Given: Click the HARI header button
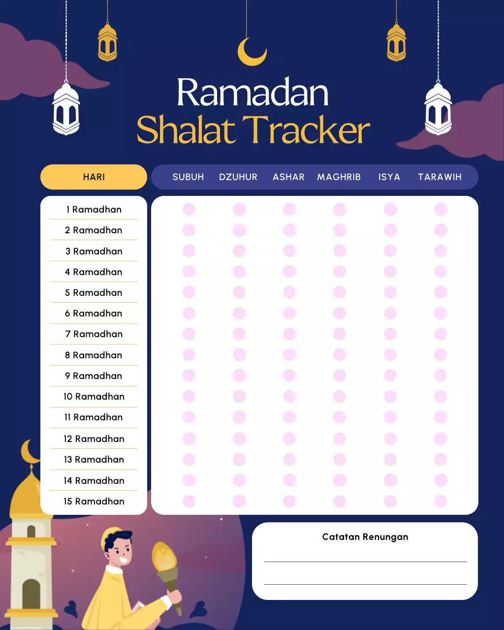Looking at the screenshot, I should click(94, 177).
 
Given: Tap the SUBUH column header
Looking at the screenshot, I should click(188, 177).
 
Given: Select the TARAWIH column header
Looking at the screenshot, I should click(440, 177).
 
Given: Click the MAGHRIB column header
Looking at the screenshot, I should click(339, 177).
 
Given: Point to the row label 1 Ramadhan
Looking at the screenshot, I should click(94, 210).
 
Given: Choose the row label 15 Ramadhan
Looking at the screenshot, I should click(94, 502).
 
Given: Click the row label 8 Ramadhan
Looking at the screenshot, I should click(94, 355).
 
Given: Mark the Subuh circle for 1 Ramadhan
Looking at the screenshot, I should click(189, 210).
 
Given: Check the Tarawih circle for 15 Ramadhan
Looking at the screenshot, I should click(441, 502).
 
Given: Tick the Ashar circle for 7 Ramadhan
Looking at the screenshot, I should click(289, 334).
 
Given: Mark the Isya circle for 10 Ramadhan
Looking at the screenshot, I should click(390, 397).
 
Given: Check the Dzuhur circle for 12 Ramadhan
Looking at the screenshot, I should click(239, 439).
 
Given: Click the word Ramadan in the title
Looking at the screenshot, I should click(252, 93).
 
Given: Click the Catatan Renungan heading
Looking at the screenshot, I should click(365, 537).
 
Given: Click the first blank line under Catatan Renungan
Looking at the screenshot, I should click(365, 561).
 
